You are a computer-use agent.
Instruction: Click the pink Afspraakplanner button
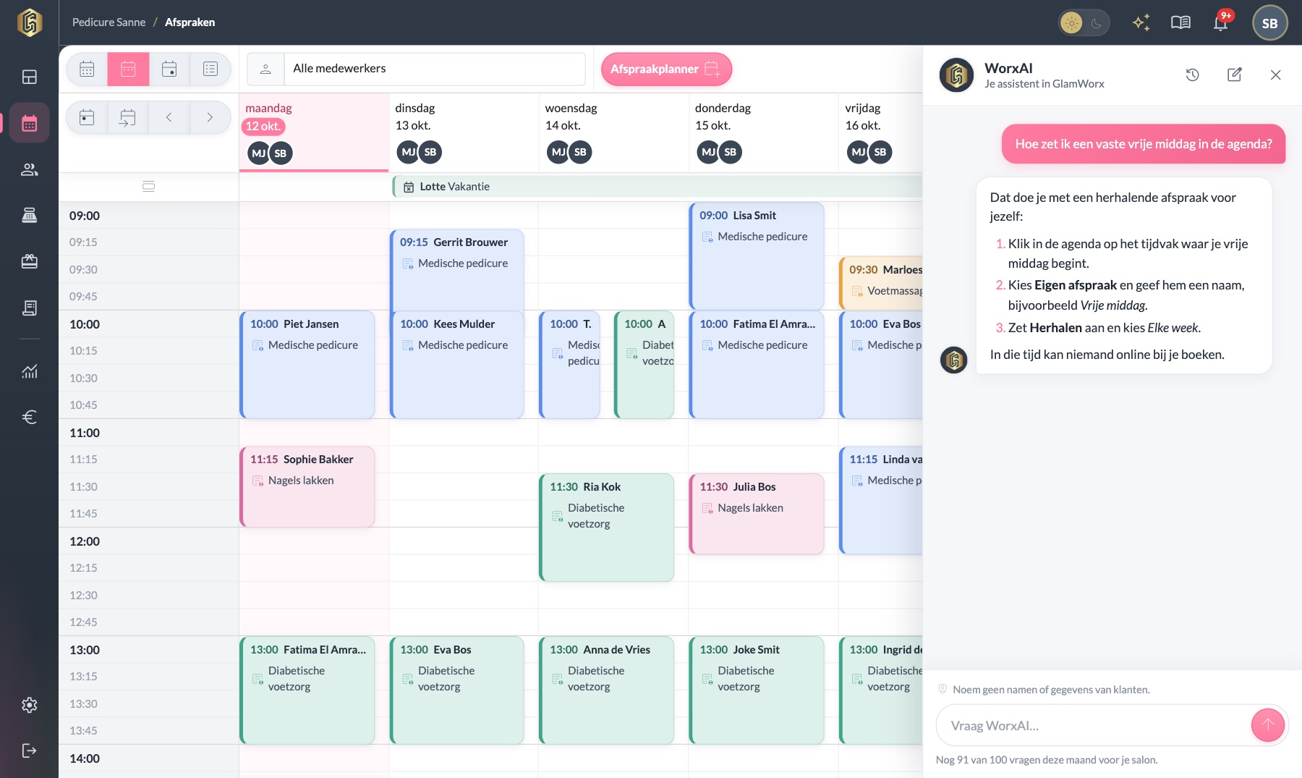click(666, 69)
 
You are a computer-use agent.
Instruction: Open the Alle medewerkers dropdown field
click(434, 69)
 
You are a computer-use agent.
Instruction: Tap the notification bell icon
click(1220, 22)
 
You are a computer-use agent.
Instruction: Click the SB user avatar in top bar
click(1269, 23)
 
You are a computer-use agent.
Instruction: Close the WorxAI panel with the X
click(1275, 75)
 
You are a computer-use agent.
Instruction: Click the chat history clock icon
click(1193, 75)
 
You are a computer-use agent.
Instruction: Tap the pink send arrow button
click(1267, 724)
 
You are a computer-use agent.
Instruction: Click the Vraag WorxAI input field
click(1092, 725)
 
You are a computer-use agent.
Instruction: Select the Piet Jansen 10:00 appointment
click(307, 364)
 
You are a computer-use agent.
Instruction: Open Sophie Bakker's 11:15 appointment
click(307, 486)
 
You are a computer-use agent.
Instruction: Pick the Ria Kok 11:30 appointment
click(607, 527)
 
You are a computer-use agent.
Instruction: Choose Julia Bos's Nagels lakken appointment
click(757, 514)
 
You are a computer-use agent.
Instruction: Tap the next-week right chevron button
click(210, 117)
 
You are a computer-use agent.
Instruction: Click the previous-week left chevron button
click(169, 117)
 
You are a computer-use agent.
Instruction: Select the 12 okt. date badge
click(263, 126)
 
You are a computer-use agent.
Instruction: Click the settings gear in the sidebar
click(29, 705)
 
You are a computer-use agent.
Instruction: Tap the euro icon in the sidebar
click(29, 417)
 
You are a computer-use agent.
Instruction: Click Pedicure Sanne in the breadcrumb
click(109, 22)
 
